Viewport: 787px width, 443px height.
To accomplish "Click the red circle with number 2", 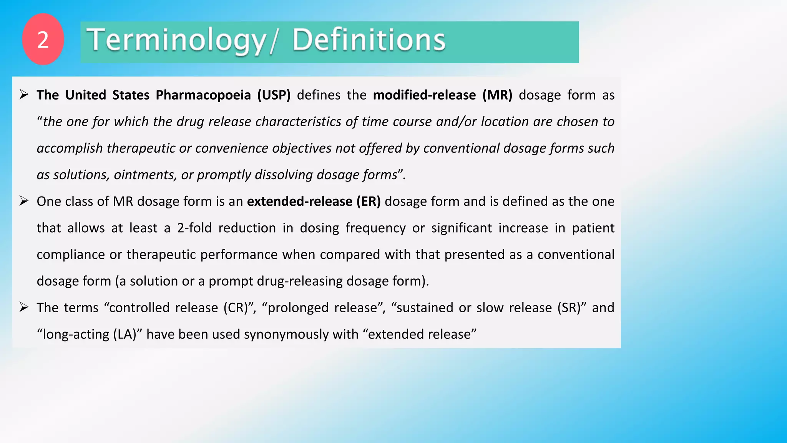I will click(43, 39).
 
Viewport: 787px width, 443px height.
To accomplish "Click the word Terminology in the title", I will click(176, 40).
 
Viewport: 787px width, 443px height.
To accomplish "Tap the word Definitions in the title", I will click(369, 40).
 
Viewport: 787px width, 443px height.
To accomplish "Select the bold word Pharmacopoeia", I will click(203, 95).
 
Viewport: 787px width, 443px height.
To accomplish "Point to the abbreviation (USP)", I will click(274, 95).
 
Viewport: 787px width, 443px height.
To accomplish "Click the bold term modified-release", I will click(424, 95).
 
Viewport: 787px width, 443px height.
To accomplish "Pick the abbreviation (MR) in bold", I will click(497, 95).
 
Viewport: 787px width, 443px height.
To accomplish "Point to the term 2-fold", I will click(194, 228).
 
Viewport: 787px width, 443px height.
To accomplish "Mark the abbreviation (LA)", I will click(127, 334).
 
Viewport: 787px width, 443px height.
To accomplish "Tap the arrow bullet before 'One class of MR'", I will click(24, 201).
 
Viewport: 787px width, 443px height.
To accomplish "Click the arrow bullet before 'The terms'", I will click(24, 307).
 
